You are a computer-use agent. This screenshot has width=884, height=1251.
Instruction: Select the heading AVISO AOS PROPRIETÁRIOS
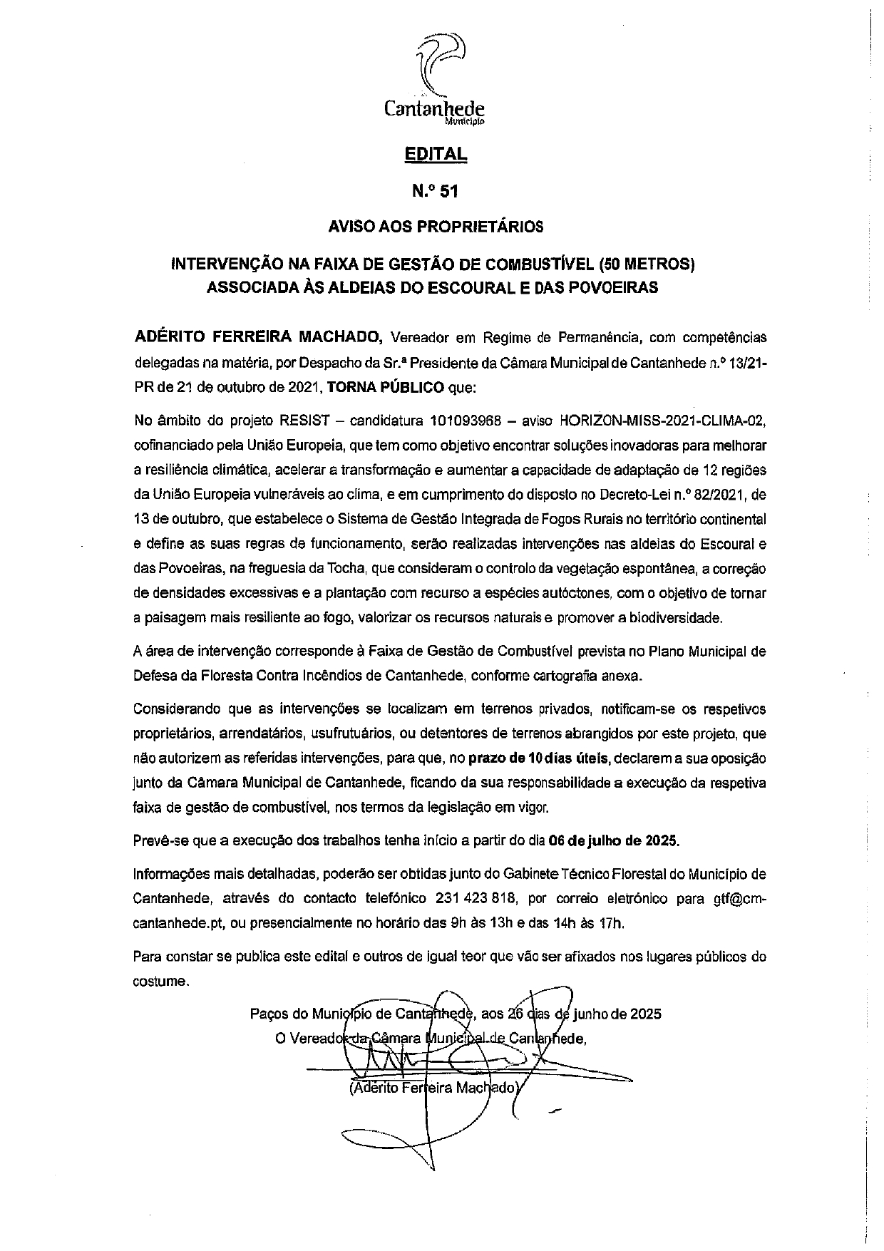435,227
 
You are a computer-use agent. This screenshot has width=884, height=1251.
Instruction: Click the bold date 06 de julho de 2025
614,840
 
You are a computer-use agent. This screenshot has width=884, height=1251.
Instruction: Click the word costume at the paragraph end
160,982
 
